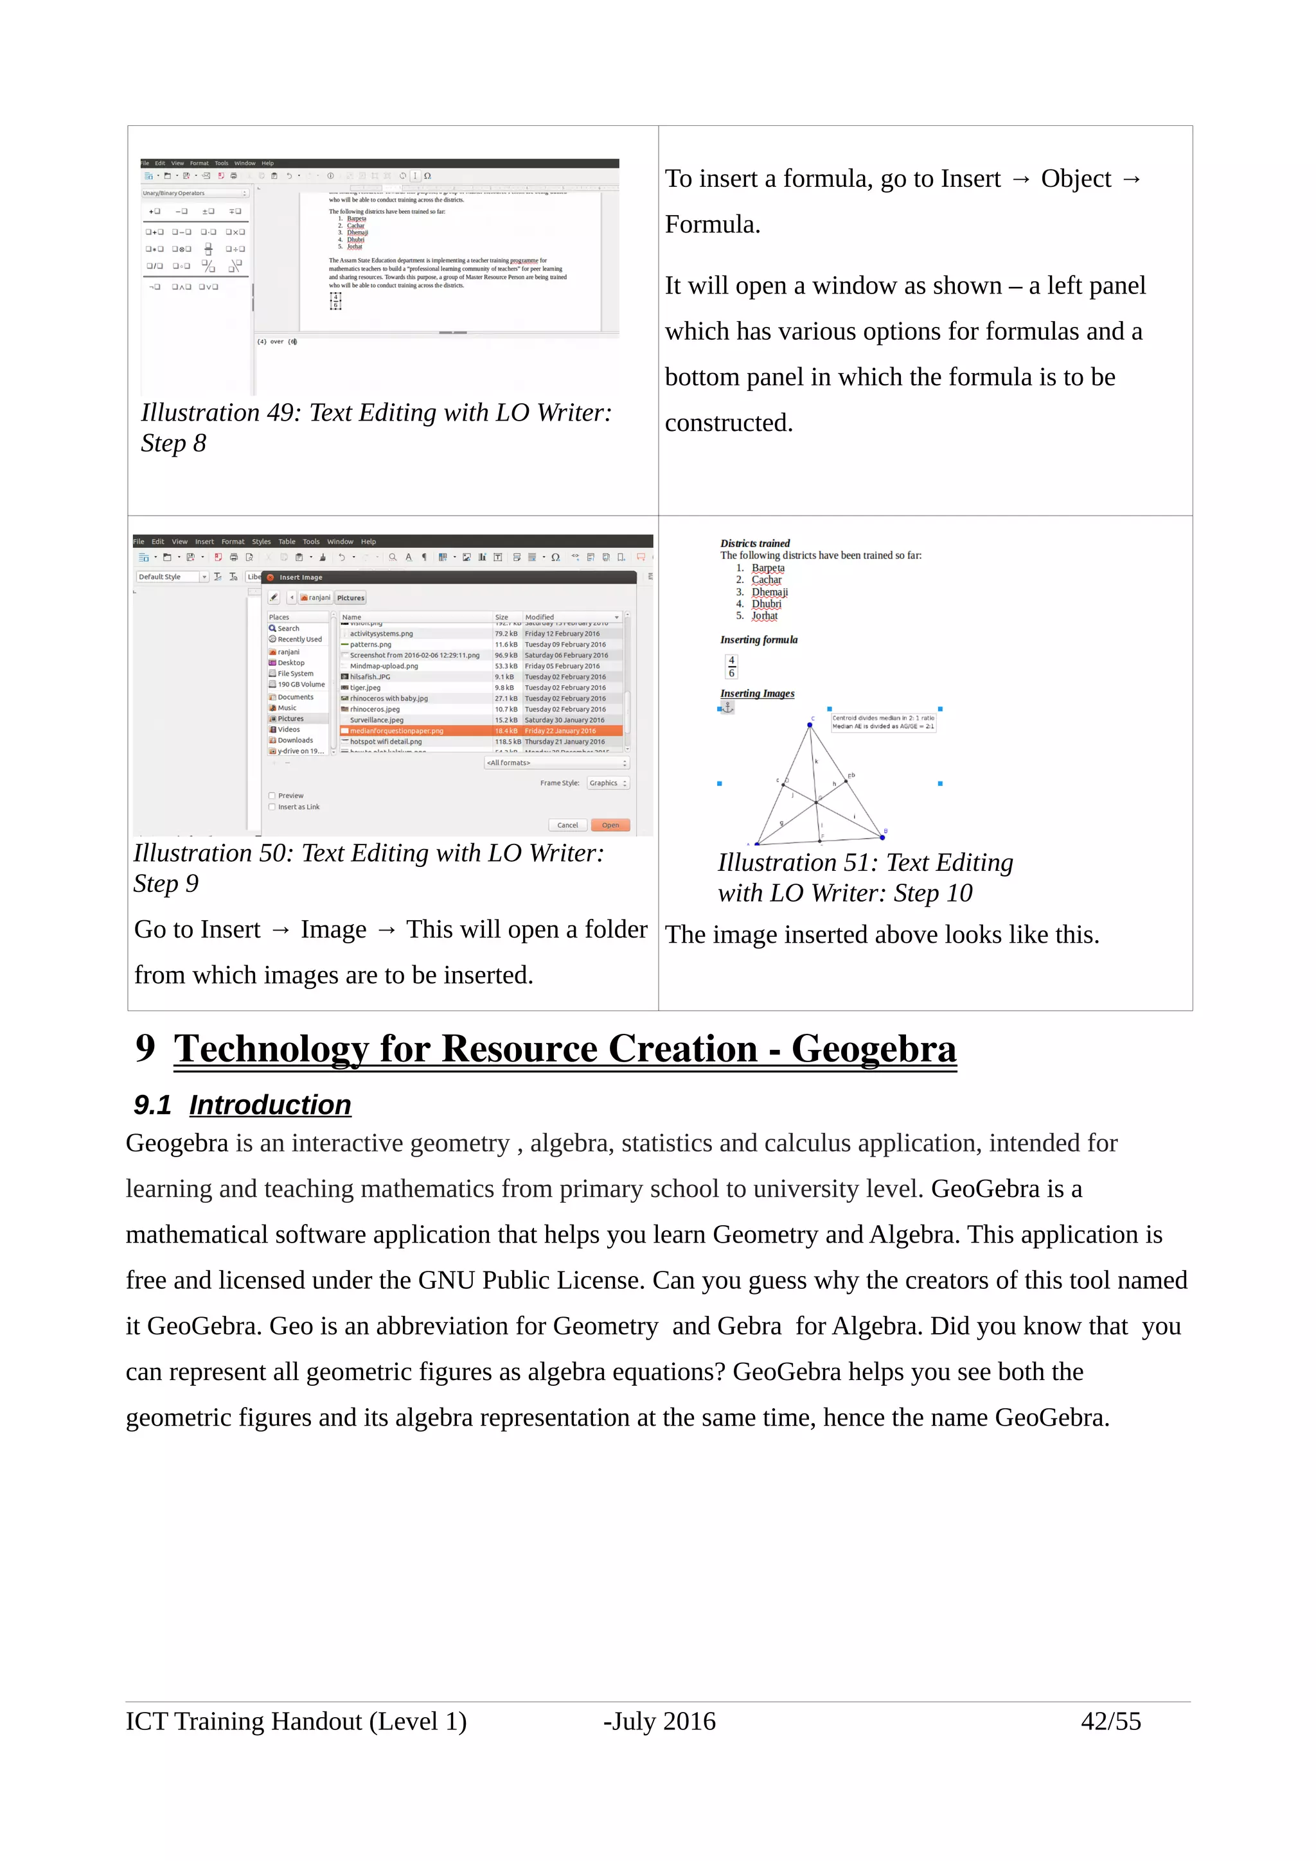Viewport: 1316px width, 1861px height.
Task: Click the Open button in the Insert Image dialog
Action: pos(610,825)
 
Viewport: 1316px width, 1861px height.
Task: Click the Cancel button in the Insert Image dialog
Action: pos(567,825)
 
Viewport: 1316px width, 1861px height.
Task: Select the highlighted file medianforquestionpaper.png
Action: pos(396,730)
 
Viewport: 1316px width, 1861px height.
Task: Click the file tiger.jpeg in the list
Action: pos(365,687)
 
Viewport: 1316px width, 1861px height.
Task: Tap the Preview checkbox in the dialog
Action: pos(272,795)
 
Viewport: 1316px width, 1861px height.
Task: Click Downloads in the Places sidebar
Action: pos(294,740)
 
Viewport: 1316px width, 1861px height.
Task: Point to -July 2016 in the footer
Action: pos(659,1721)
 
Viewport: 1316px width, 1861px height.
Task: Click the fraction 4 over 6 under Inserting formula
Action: pos(731,667)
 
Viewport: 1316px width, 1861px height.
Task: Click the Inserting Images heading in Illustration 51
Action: pos(756,693)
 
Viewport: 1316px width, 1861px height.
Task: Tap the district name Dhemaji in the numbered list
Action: pos(769,591)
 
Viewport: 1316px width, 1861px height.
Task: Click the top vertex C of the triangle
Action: pos(809,724)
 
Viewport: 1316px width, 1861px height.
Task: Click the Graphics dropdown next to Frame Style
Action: pos(608,783)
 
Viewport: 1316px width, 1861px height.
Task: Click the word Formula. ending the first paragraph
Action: pos(712,225)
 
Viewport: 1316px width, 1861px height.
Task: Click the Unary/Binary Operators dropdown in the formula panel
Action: pos(195,193)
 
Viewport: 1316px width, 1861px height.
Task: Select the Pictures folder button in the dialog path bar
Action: pos(350,597)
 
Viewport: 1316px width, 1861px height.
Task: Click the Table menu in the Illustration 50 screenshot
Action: pos(287,541)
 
